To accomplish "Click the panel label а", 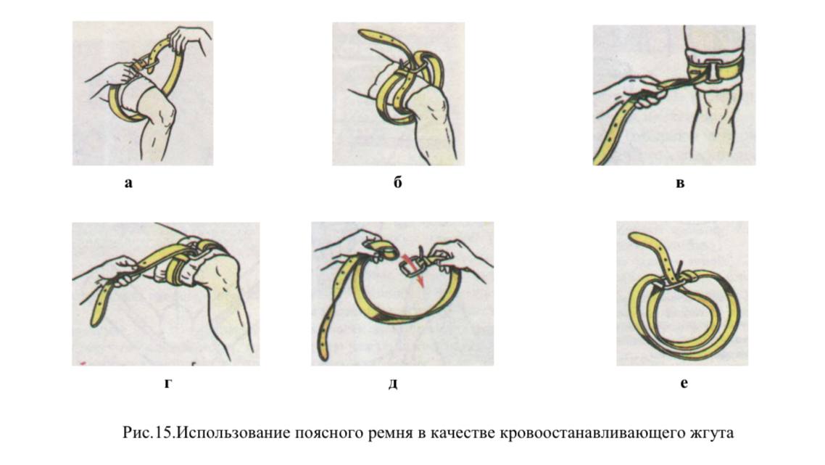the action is click(128, 184).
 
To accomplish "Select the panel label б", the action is click(398, 182).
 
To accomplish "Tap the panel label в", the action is click(680, 184).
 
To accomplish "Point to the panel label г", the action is click(168, 383).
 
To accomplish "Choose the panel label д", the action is click(393, 384).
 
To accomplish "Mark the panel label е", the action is click(684, 383).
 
